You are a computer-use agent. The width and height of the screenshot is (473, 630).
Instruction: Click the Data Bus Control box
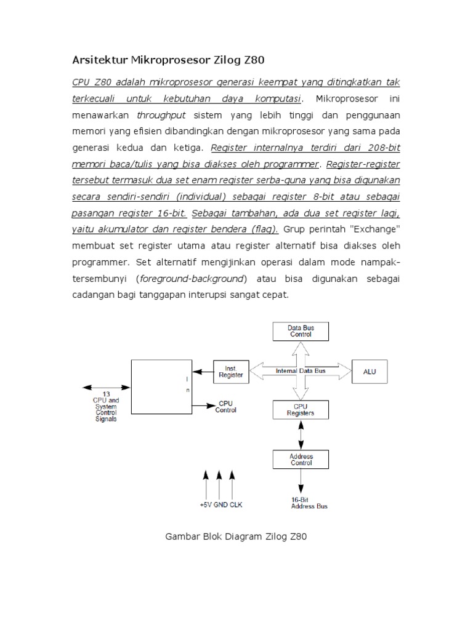pos(301,332)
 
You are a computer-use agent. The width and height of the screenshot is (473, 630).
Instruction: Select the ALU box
pos(370,372)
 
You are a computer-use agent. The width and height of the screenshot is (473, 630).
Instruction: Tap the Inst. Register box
pos(232,371)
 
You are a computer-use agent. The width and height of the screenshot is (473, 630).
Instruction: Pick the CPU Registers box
pos(301,410)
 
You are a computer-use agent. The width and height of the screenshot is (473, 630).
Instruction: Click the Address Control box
pos(301,460)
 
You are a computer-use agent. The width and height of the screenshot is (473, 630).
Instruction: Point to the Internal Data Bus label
pos(300,371)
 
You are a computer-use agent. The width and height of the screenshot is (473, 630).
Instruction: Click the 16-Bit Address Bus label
pos(309,503)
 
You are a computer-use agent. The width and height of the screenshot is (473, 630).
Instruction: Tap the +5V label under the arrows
pos(206,504)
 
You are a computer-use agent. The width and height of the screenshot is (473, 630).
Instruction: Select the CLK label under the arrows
pos(236,504)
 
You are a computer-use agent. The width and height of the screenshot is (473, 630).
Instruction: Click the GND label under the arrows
pos(220,504)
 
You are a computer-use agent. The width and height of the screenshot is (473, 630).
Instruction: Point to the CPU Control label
pos(225,407)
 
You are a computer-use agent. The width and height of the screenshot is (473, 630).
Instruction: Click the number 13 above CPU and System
pos(106,394)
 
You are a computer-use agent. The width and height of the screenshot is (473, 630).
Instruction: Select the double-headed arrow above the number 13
pos(105,388)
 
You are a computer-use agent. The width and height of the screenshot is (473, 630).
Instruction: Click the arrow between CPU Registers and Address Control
pos(301,435)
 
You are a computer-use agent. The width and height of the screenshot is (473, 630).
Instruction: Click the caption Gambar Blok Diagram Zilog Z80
pos(236,537)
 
